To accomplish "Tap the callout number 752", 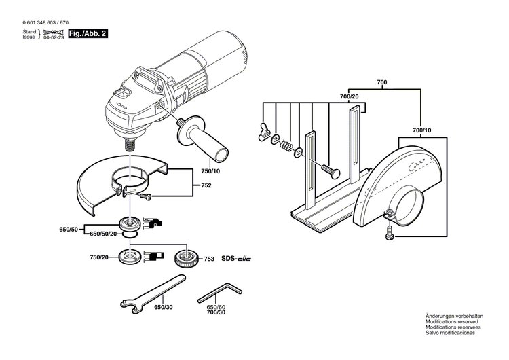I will (206, 185).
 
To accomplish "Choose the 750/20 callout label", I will (99, 258).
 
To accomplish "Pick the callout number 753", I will (209, 259).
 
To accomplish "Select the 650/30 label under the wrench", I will (164, 308).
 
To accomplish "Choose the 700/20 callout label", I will (350, 98).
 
